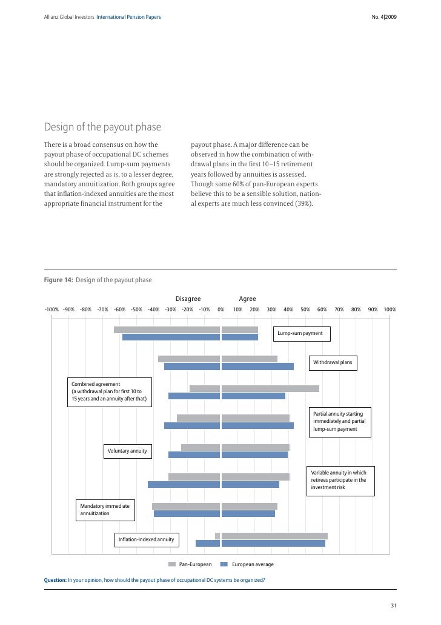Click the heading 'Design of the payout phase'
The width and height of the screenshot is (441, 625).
point(102,127)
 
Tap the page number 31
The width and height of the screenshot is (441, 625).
point(393,605)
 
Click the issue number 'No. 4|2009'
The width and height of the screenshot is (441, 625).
point(384,16)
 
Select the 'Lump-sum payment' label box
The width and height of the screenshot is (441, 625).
point(300,334)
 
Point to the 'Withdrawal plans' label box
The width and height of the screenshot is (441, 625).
point(332,363)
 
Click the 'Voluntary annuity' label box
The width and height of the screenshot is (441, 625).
point(127,451)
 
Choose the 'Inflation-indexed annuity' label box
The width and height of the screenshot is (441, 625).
point(146,539)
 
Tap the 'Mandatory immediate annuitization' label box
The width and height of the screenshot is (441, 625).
point(105,510)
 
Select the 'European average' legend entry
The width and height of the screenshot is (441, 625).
point(247,564)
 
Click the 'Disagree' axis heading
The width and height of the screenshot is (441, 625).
point(188,299)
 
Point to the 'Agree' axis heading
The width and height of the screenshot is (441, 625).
point(247,299)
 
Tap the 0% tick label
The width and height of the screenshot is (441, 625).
point(221,309)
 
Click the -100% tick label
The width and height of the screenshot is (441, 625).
point(51,309)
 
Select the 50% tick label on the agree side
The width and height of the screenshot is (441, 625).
point(305,309)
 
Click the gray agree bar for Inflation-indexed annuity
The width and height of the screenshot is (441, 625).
point(274,536)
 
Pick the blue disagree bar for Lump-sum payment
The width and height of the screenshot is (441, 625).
point(171,337)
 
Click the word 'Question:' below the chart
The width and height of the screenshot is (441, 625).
point(55,580)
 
